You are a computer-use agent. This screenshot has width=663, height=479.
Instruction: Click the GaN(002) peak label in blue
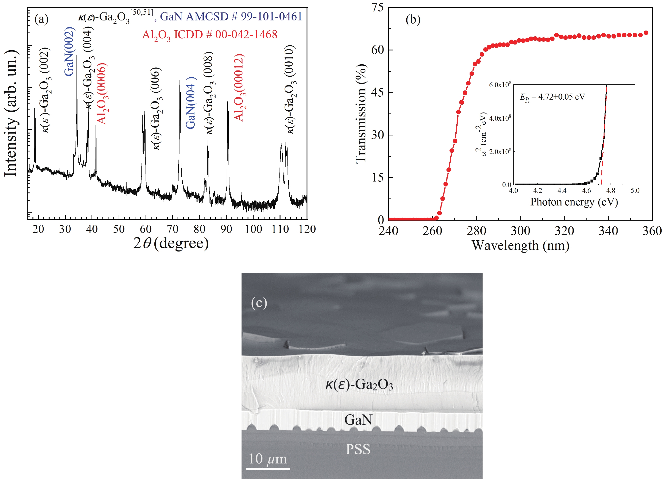69,52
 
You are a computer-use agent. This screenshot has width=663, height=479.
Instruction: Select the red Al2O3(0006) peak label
102,94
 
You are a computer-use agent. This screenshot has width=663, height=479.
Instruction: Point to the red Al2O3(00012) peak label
239,88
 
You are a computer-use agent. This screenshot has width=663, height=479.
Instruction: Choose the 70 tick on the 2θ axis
173,229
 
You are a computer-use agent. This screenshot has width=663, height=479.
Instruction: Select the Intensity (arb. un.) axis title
11,114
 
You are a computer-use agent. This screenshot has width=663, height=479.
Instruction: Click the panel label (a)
41,19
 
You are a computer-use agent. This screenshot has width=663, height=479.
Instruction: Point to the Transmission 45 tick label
377,92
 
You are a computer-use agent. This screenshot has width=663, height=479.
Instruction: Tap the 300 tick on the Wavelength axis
520,231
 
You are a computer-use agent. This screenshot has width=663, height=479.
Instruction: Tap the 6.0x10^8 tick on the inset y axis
500,85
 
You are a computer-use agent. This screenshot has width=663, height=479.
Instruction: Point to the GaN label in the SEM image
358,420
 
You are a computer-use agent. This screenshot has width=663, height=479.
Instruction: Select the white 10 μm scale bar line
268,469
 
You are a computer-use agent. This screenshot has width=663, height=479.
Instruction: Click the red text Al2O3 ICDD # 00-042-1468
210,35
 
